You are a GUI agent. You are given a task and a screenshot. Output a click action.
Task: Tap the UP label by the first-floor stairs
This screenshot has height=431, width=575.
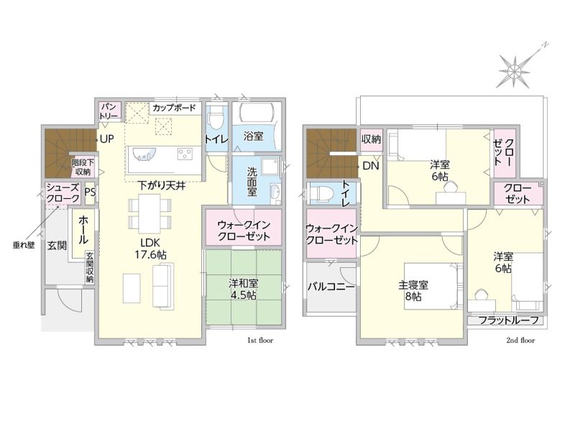click(106, 139)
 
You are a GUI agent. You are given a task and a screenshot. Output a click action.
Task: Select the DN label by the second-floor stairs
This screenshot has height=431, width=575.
click(370, 166)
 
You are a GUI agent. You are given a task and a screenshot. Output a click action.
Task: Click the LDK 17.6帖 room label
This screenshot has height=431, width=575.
click(150, 249)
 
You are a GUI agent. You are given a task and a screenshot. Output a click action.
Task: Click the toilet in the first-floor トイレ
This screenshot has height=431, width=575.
click(214, 117)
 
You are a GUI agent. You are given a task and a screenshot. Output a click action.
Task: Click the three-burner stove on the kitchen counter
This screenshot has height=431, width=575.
click(185, 154)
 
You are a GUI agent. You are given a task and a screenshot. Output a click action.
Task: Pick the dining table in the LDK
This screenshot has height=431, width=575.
click(149, 213)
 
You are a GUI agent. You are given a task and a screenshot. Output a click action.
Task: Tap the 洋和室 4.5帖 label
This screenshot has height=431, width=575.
click(244, 289)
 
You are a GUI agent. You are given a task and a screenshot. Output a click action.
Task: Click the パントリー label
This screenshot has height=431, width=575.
click(109, 111)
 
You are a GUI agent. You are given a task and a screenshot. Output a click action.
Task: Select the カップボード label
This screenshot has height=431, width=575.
click(174, 108)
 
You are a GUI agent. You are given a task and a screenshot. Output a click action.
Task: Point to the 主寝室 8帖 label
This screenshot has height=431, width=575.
click(413, 291)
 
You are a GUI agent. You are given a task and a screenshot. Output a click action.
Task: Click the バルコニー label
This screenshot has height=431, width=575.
click(331, 286)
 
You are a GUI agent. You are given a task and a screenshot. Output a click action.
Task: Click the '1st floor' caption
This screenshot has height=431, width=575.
click(261, 340)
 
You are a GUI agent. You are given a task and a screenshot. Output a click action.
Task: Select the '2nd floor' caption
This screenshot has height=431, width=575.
click(520, 340)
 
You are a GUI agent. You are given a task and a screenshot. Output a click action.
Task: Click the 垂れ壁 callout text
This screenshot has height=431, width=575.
click(24, 245)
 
